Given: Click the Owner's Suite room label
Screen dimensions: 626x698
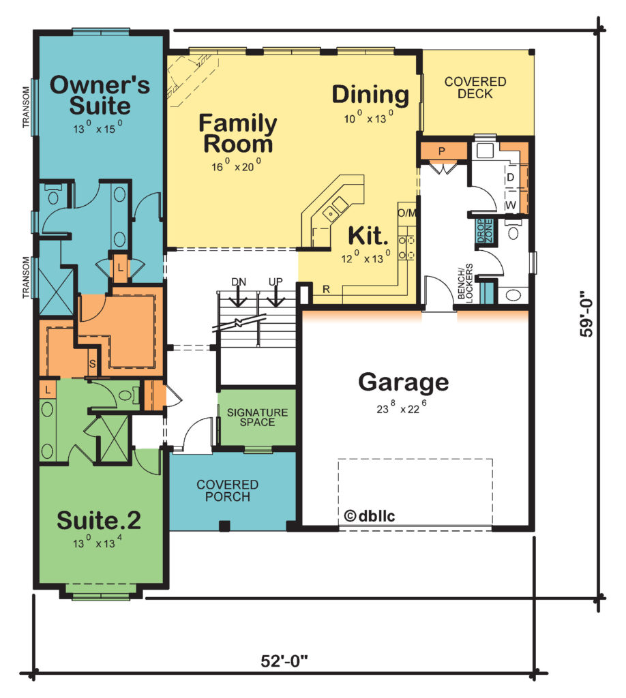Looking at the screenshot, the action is click(x=100, y=95).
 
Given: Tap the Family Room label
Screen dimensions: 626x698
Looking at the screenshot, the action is click(x=238, y=133).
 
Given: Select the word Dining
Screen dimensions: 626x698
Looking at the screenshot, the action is click(x=370, y=95).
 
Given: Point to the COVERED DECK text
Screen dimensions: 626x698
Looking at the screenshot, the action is click(x=475, y=88).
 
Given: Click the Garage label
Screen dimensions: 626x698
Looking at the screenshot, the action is click(x=404, y=382).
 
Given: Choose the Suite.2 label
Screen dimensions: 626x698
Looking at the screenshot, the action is click(x=99, y=520).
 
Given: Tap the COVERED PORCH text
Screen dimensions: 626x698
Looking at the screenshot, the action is click(x=228, y=491).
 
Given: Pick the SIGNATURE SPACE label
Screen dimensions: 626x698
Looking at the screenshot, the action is click(x=257, y=417).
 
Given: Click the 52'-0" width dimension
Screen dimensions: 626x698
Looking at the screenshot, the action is click(x=284, y=661).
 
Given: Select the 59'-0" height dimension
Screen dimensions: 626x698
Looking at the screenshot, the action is click(x=586, y=314).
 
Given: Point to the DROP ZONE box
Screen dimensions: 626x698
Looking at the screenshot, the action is click(x=484, y=231).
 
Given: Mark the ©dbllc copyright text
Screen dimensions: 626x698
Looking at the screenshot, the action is click(x=370, y=515).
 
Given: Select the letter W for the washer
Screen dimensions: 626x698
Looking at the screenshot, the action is click(x=511, y=205).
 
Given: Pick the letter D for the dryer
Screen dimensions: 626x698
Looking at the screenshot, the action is click(x=511, y=177).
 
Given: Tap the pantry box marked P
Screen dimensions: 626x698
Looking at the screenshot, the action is click(x=442, y=151).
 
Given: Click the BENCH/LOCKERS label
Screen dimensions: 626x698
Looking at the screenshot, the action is click(x=465, y=282).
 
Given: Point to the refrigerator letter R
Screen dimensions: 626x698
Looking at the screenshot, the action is click(x=327, y=289).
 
